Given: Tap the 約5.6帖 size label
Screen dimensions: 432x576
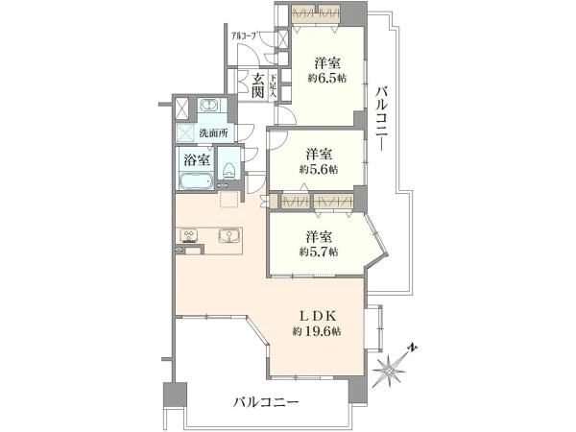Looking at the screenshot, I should (x=319, y=169).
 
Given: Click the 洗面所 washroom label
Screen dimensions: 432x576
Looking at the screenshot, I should (x=213, y=132).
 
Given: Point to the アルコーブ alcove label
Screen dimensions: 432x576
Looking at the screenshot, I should (x=241, y=37).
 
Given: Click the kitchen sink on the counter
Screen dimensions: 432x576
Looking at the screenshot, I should (x=229, y=236).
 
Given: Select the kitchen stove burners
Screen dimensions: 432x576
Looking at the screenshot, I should (x=187, y=236).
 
